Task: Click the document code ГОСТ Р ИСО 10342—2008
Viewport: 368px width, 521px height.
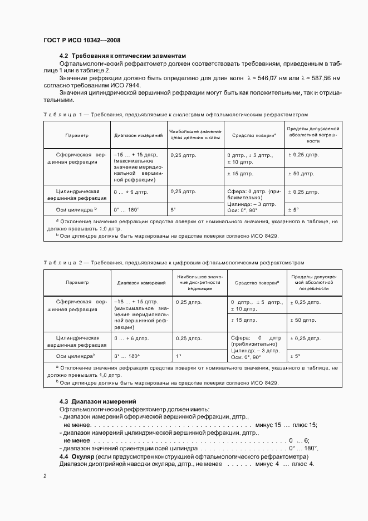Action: click(82, 40)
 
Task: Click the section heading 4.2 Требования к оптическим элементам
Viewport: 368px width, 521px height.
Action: click(122, 56)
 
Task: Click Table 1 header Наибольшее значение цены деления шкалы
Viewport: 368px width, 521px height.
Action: click(195, 134)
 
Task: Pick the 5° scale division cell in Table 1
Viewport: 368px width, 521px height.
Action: click(173, 210)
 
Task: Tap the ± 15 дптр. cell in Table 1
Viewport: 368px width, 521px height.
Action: click(242, 174)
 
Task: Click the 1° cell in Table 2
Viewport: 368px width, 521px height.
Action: click(178, 356)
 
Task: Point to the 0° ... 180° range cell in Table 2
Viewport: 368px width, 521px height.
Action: click(127, 356)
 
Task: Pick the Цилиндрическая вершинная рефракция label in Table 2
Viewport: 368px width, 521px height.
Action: click(77, 341)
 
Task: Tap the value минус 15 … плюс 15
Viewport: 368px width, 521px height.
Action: click(286, 425)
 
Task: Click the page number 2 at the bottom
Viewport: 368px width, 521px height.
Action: click(45, 476)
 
